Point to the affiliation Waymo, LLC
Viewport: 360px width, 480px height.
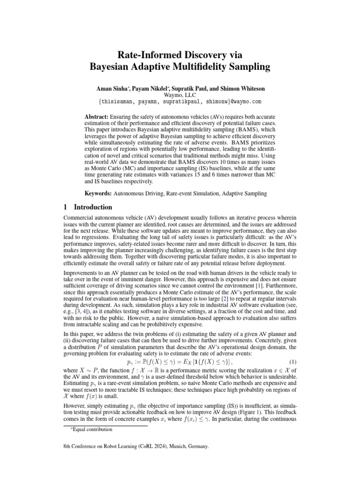(x=180, y=95)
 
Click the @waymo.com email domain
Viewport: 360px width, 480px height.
(x=244, y=101)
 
